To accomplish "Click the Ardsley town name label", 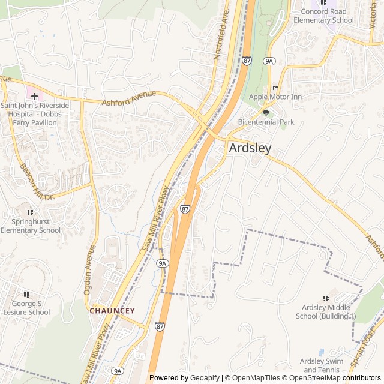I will click(250, 148).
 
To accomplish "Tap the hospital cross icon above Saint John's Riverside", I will click(34, 95).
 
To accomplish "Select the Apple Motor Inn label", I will click(275, 97).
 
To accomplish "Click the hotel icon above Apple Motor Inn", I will click(276, 88).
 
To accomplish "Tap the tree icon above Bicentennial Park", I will click(266, 112).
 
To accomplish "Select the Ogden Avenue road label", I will click(89, 269).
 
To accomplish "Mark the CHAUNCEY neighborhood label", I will click(112, 311).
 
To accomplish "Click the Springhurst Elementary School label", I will click(30, 226).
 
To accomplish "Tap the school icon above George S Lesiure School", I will click(26, 295).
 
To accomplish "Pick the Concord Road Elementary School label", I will click(323, 16).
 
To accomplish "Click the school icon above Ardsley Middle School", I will click(326, 298).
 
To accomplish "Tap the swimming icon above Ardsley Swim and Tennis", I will click(322, 352).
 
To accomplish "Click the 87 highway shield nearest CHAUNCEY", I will click(159, 326).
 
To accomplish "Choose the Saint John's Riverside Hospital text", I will click(34, 110).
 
